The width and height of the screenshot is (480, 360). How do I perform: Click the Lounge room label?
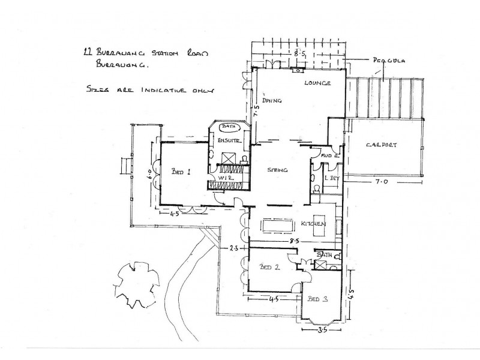(317, 83)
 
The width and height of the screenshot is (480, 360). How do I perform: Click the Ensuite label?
(229, 140)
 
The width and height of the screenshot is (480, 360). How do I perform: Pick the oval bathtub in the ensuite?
(229, 127)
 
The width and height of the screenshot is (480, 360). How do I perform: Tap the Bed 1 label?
(181, 171)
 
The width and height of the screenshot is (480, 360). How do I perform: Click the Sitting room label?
(278, 170)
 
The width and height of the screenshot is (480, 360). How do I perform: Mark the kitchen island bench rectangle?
(277, 226)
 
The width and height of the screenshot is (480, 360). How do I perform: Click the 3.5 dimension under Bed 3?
(322, 330)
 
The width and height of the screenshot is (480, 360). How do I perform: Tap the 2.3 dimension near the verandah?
(234, 247)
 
